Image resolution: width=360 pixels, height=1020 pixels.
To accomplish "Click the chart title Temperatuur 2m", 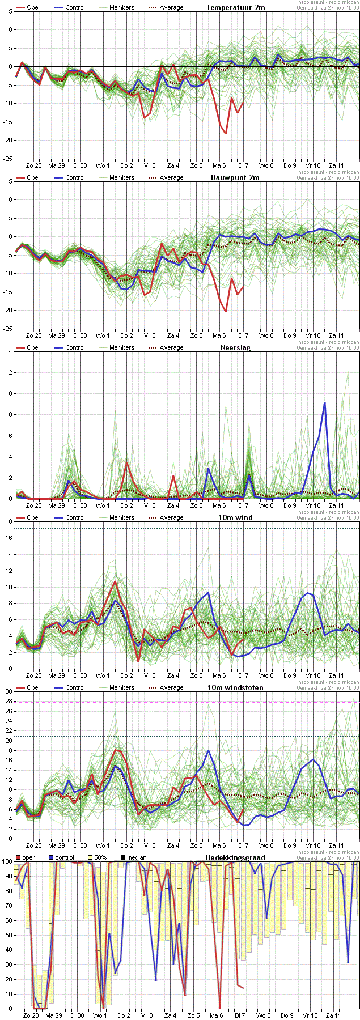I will click(235, 7).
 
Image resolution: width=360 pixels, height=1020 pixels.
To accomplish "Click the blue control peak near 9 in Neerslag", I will click(325, 402).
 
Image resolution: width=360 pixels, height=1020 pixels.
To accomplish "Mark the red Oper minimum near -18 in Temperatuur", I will click(226, 133).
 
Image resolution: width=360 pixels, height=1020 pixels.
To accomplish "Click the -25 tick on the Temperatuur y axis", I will click(9, 159).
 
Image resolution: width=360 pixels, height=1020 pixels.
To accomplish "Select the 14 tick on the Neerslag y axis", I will click(9, 351).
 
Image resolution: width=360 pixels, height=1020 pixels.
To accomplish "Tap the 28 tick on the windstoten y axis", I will click(9, 702).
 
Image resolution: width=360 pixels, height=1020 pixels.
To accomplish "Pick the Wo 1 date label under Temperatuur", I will click(103, 165).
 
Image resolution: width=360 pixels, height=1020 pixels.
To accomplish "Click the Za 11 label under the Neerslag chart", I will click(336, 505).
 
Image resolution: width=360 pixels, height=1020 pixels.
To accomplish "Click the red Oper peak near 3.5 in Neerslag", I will click(126, 462).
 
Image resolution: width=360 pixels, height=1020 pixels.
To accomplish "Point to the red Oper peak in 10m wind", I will click(115, 581).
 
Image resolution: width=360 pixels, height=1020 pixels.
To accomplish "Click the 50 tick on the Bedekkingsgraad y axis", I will click(7, 935).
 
